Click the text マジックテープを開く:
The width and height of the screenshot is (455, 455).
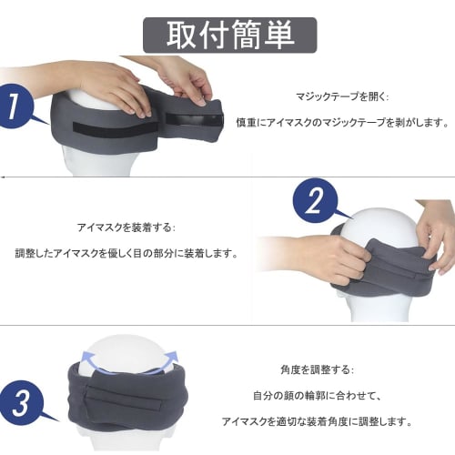coord(329,95)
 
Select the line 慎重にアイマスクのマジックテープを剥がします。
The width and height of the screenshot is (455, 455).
coord(342,121)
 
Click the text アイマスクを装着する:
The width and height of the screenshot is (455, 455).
coord(126,227)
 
